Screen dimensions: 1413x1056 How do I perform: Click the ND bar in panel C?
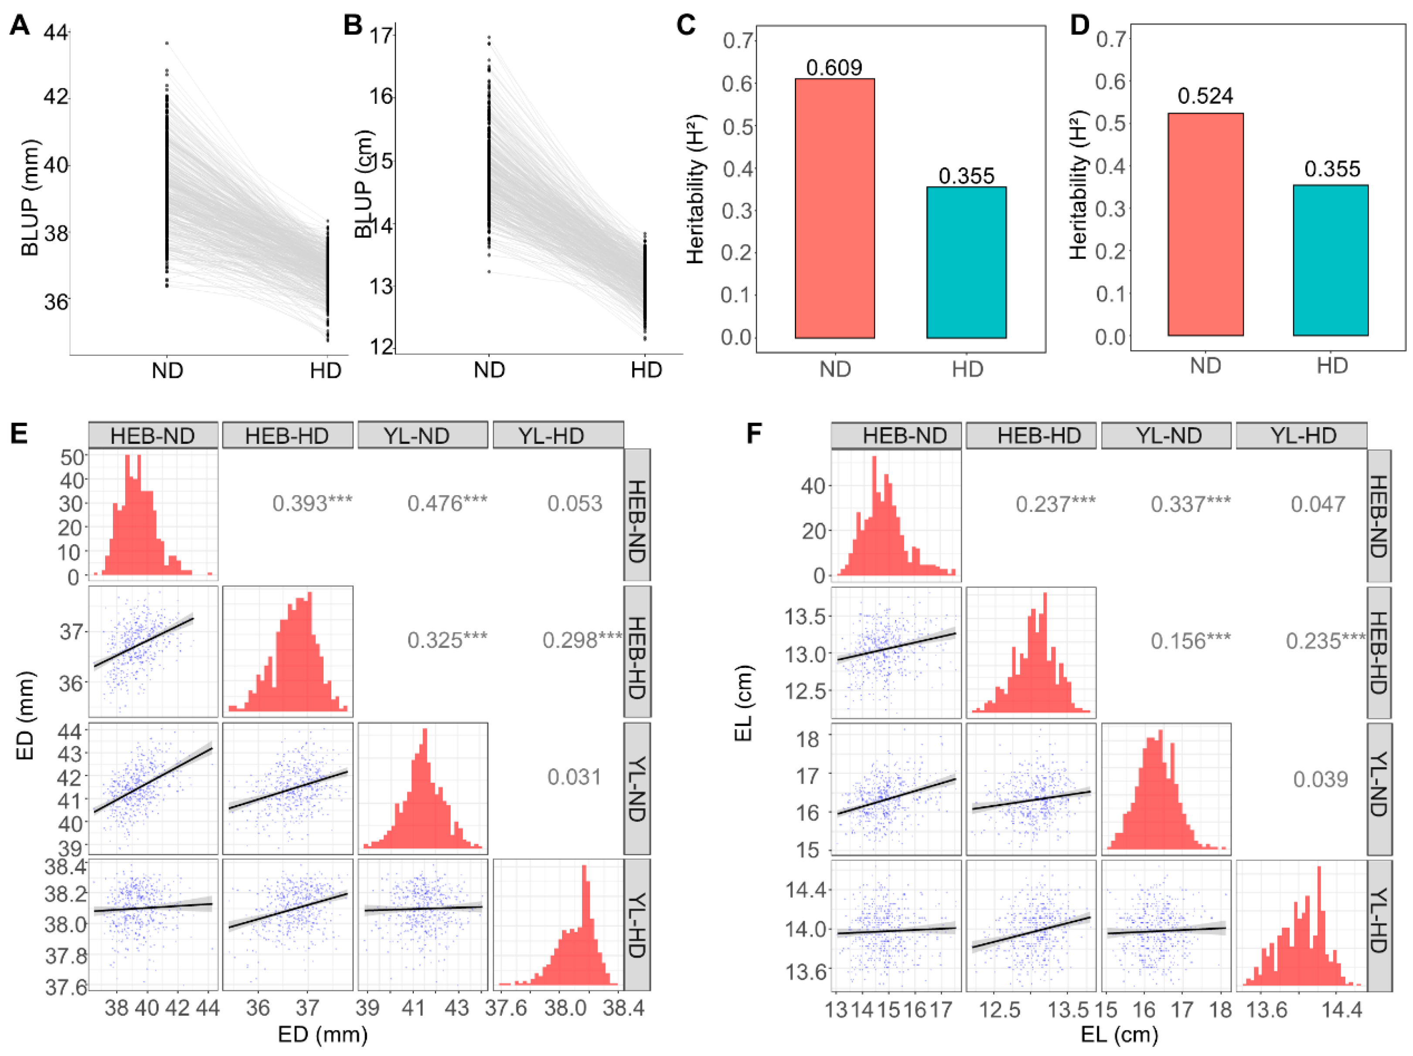click(x=834, y=208)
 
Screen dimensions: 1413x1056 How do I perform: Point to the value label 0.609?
click(x=834, y=67)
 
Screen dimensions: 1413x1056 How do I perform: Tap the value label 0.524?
click(x=1205, y=96)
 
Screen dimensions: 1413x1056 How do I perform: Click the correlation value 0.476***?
click(x=447, y=504)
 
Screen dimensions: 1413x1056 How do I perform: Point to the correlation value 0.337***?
click(x=1191, y=504)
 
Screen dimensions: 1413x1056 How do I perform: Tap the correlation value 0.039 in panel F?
click(x=1321, y=780)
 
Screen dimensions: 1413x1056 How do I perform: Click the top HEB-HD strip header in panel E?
click(x=287, y=435)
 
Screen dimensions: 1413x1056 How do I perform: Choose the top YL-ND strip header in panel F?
click(x=1166, y=435)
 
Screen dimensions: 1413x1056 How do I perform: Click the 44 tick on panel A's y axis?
click(x=56, y=31)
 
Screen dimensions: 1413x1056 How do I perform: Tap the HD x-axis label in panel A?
click(x=326, y=371)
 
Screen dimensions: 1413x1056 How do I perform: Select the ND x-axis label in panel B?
click(x=489, y=370)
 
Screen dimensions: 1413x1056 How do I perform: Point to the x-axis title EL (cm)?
click(x=1120, y=1034)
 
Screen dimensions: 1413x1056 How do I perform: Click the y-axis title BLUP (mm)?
click(x=30, y=198)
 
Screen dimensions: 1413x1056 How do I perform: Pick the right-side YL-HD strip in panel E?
click(x=637, y=924)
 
